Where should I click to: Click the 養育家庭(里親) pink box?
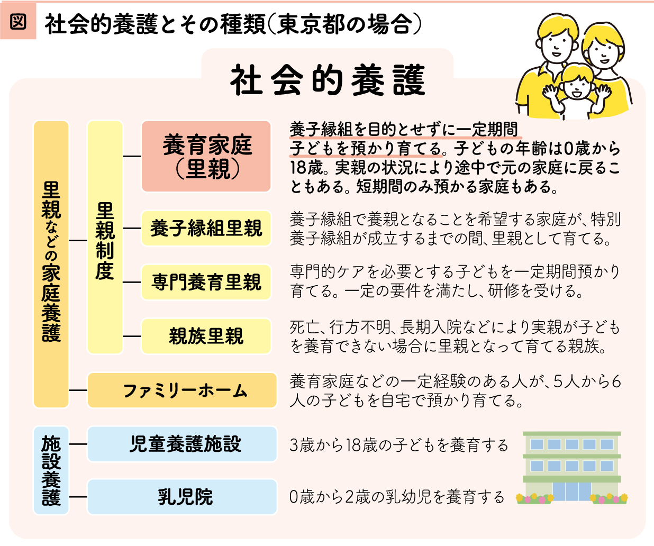coord(206,156)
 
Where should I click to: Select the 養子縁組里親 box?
coord(206,228)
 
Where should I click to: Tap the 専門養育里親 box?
coord(206,282)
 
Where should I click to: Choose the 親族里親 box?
coord(206,336)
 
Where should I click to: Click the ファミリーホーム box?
coord(183,390)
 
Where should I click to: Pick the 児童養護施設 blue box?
coord(183,444)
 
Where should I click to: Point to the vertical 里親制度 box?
coord(105,238)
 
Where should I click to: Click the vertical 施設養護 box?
coord(51,470)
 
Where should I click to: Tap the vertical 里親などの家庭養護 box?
coord(51,265)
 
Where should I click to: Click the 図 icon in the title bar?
coord(18,22)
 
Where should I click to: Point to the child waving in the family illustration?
coord(577,93)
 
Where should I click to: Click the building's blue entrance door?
coord(571,491)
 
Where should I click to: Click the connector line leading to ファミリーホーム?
coord(78,390)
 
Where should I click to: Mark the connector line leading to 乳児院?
coord(78,496)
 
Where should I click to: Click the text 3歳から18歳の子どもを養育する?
coord(398,445)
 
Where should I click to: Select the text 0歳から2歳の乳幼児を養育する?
coord(396,497)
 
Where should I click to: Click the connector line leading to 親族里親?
coord(132,336)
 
